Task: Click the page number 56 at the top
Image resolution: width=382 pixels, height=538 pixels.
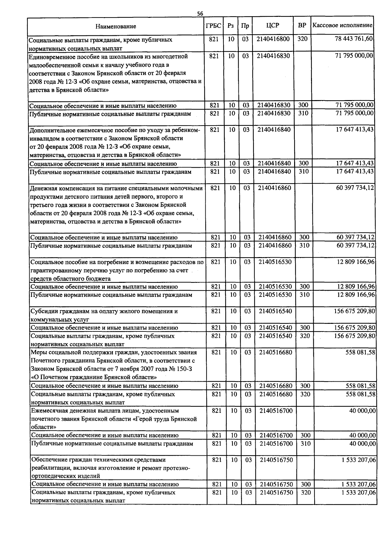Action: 200,13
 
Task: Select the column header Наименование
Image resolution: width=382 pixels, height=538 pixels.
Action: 116,26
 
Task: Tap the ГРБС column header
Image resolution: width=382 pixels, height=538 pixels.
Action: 213,26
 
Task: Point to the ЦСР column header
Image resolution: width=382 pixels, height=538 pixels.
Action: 272,25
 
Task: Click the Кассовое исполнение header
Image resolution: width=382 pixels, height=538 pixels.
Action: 342,25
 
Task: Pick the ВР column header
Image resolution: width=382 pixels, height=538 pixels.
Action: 302,25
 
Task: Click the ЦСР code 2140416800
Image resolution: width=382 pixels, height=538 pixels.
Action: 273,39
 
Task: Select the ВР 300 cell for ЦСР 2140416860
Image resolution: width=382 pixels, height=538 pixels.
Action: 304,237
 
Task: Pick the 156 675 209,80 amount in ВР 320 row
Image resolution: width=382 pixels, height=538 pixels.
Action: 355,336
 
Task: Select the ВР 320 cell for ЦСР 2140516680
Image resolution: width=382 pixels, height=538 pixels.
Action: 305,394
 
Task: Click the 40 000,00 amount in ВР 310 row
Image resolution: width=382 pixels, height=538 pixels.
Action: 362,443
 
